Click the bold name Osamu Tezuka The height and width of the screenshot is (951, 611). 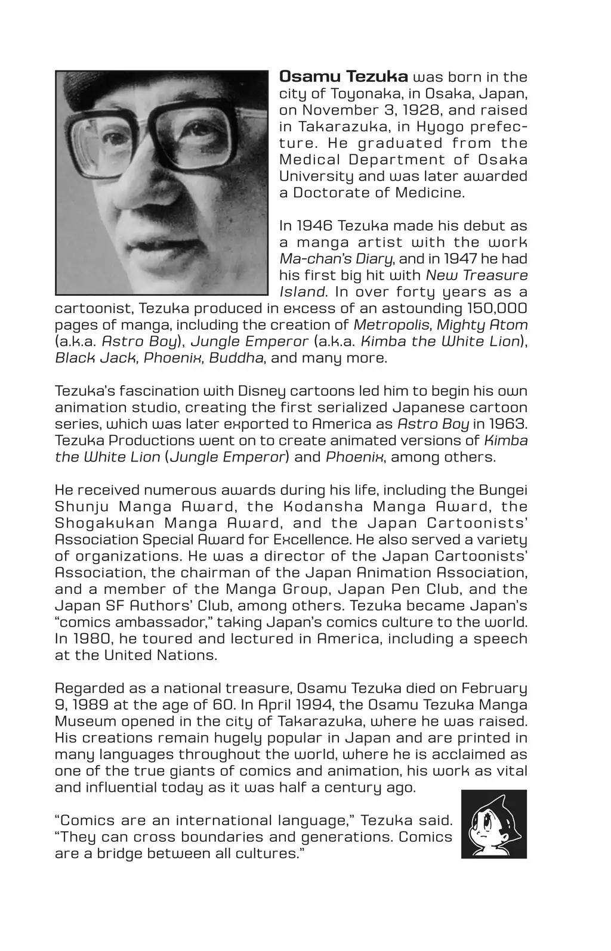[x=344, y=77]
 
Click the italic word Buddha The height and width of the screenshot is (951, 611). [x=236, y=358]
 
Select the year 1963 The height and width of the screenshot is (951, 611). [x=508, y=425]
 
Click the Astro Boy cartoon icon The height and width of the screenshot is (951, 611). [x=494, y=824]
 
